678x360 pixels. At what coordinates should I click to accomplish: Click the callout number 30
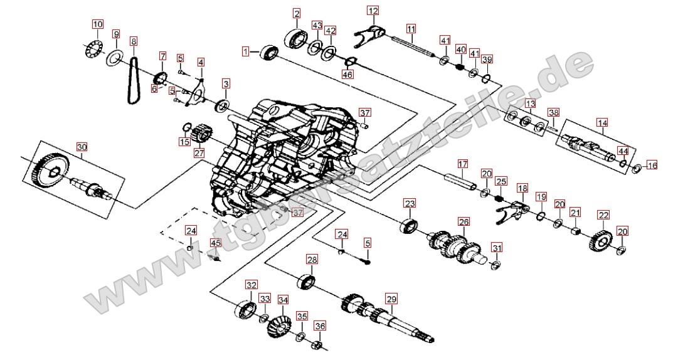pos(82,147)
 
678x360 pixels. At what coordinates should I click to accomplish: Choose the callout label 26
pos(463,222)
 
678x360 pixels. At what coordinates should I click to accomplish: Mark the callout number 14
pos(602,123)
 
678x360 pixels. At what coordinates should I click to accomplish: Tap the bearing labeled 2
pos(295,37)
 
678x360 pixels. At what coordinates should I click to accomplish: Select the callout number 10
pos(97,25)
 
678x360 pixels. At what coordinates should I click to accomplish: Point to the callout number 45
pos(215,243)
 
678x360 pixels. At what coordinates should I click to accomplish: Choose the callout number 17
pos(462,165)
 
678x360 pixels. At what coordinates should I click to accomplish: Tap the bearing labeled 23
pos(409,225)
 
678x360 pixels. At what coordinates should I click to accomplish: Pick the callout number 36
pos(320,326)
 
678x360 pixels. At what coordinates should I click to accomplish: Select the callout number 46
pos(347,75)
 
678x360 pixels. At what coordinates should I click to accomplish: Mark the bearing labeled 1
pos(269,53)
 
